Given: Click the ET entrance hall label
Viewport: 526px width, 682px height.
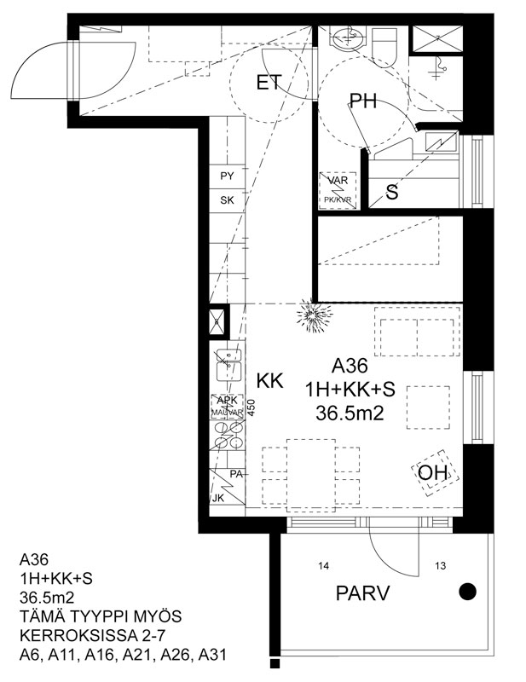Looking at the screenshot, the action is click(269, 82).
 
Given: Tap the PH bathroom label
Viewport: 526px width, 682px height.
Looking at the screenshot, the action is click(363, 101).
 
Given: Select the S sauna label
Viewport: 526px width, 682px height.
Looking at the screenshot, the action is click(392, 192).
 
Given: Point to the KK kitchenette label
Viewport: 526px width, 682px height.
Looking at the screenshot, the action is click(269, 380).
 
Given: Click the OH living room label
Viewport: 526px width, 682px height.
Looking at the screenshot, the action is click(432, 472).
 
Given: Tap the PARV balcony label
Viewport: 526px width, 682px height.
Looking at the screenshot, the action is click(362, 593).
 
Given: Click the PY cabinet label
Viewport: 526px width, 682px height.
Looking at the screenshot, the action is click(227, 176).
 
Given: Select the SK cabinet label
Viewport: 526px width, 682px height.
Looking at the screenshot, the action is click(227, 200).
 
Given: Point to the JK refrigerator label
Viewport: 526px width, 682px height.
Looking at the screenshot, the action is click(217, 499).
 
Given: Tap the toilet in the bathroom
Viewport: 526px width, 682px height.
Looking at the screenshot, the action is click(384, 47).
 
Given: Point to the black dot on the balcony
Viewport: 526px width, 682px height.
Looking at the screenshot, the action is click(468, 591).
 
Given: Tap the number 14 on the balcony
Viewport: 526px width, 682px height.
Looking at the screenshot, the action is click(323, 566).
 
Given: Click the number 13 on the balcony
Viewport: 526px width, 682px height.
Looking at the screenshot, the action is click(440, 566).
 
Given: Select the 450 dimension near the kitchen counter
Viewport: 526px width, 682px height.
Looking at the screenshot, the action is click(251, 408).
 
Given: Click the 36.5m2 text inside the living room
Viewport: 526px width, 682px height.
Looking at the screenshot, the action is click(350, 413).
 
